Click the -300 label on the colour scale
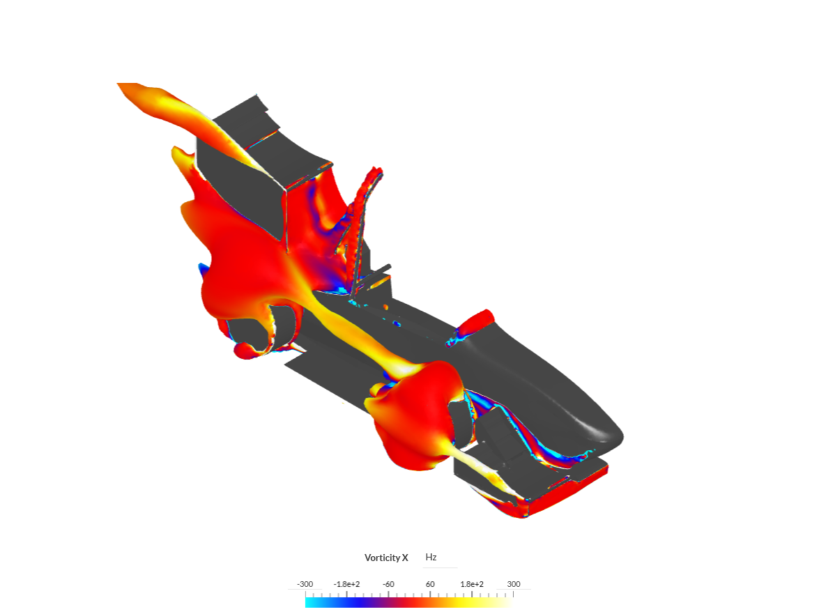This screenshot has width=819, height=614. [305, 584]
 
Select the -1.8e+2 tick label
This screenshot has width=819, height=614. [347, 584]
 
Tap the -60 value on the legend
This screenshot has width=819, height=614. [388, 584]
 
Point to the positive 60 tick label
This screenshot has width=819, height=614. [430, 584]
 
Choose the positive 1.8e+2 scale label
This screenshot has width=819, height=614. [472, 584]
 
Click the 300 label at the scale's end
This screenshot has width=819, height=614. [514, 584]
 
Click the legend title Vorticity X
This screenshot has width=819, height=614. [386, 558]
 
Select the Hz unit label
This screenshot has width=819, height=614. [431, 557]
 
